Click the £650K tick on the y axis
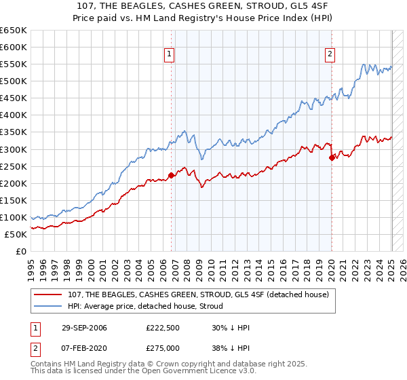(x=13, y=31)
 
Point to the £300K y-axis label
(x=13, y=149)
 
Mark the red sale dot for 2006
(x=171, y=176)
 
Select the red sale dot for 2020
(x=332, y=158)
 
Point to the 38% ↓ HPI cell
(x=230, y=347)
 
